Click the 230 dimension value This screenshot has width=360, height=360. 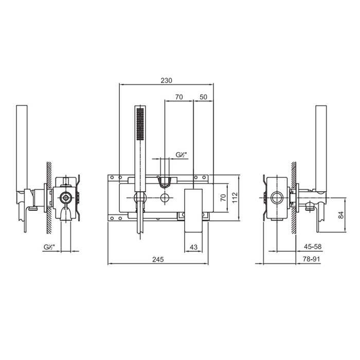(166, 81)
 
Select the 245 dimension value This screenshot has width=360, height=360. (158, 259)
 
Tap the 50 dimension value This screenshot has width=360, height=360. (203, 97)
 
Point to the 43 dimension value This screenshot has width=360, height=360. (194, 247)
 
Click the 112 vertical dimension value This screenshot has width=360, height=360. (235, 197)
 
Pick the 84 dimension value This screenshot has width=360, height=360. (341, 214)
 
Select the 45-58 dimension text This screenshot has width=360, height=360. (313, 246)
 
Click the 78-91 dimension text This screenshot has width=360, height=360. (311, 259)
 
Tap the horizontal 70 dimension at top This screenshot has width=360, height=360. (179, 97)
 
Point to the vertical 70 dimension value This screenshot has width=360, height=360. (223, 197)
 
